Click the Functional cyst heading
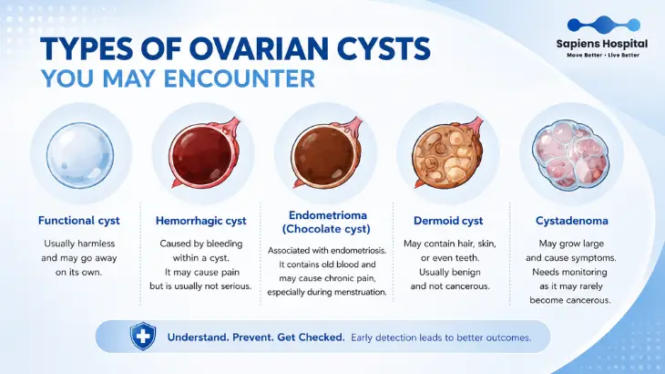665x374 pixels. (x=79, y=221)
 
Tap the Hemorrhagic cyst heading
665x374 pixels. (x=201, y=221)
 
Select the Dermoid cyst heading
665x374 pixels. (x=448, y=221)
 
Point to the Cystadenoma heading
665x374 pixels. (x=572, y=221)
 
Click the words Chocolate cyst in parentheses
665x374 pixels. (x=326, y=229)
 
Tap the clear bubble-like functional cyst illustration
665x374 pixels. (x=80, y=155)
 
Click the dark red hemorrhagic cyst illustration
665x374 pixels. (x=203, y=153)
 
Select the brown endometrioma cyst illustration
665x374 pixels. (x=326, y=153)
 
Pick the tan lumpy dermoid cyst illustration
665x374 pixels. (x=448, y=153)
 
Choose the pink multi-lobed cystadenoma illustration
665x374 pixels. (x=571, y=154)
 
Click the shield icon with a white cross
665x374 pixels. (x=143, y=336)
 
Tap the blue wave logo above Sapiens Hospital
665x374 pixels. (x=603, y=25)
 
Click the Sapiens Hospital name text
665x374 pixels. (x=602, y=44)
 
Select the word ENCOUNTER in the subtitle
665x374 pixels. (x=240, y=78)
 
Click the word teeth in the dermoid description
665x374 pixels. (x=467, y=257)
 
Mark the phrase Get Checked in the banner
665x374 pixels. (x=311, y=338)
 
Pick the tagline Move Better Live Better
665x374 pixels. (x=603, y=55)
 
